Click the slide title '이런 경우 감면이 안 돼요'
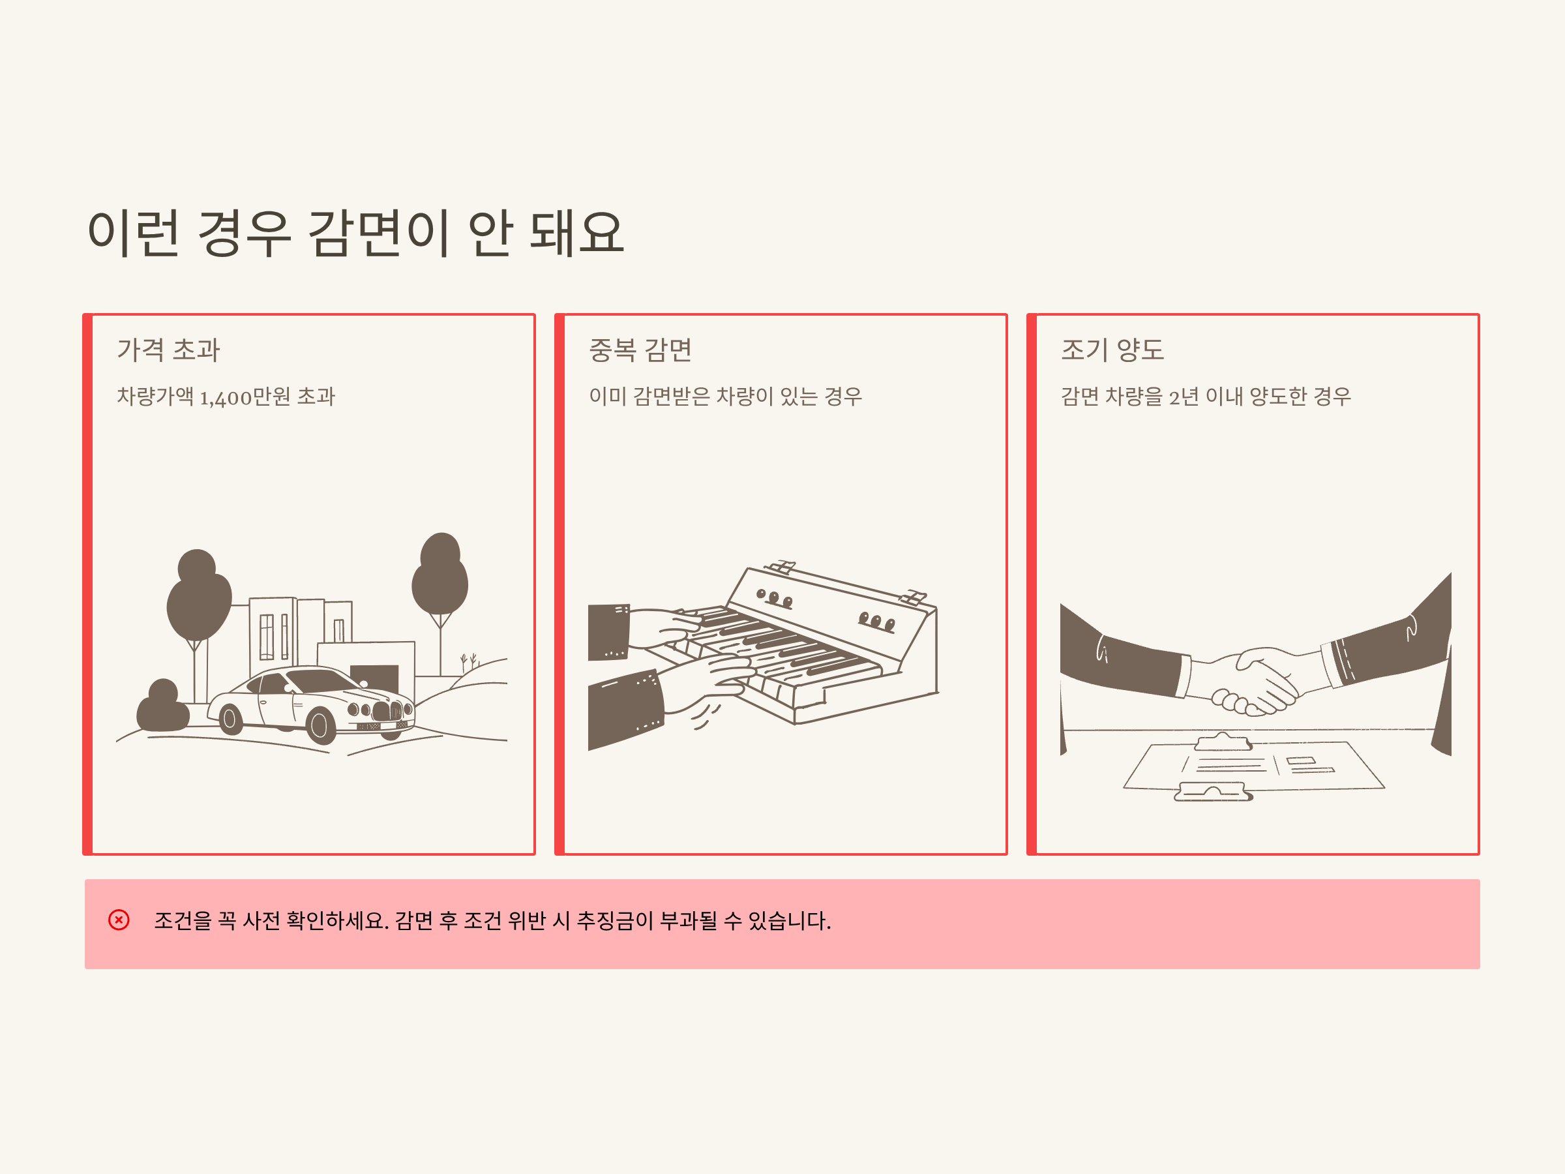[x=355, y=233]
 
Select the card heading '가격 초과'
[x=168, y=350]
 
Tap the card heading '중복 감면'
[x=640, y=350]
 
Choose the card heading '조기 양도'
[x=1112, y=350]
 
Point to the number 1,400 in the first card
[x=225, y=399]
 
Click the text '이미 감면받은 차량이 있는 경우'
[x=725, y=397]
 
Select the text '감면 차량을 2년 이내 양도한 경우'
[x=1206, y=397]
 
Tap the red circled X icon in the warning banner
[x=119, y=920]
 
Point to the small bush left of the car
[x=163, y=706]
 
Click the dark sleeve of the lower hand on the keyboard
[x=626, y=709]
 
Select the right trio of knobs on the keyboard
[x=876, y=622]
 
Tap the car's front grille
[x=388, y=710]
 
